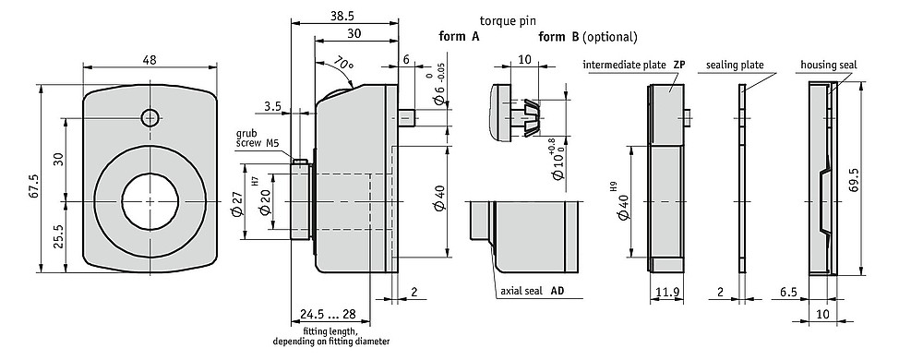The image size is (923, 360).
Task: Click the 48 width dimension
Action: (x=150, y=59)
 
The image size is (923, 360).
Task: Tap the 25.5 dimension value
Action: (x=59, y=237)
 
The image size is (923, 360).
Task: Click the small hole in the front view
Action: (x=150, y=117)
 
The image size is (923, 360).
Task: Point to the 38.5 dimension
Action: (x=344, y=16)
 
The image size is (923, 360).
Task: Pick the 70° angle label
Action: (x=342, y=63)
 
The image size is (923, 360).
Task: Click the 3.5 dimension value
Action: (x=272, y=106)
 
